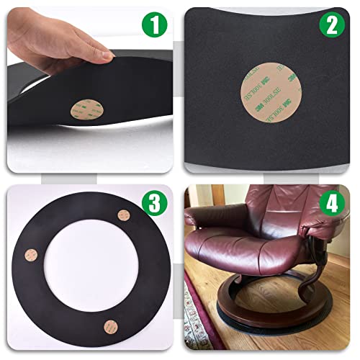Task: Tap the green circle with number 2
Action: (331, 26)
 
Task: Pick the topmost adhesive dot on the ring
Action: (123, 215)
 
